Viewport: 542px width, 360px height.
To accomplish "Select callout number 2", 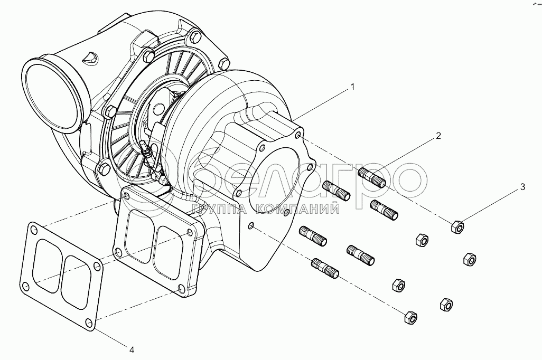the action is click(438, 136).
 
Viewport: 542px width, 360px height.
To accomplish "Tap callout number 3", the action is click(522, 186).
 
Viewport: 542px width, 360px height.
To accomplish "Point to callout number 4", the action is click(132, 349).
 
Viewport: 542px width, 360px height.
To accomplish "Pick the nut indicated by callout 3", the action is click(457, 228).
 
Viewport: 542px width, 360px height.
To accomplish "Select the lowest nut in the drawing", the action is click(410, 318).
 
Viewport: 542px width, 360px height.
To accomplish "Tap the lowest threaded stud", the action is click(325, 268).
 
